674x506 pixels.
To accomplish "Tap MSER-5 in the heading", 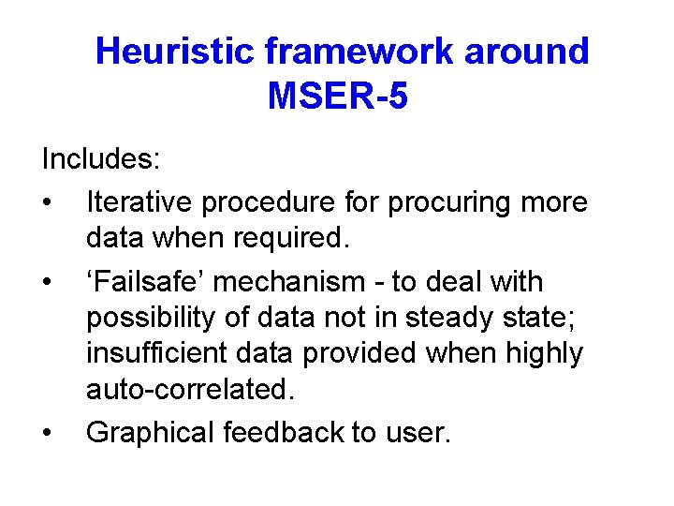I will tap(337, 96).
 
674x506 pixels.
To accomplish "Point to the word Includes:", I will tap(101, 158).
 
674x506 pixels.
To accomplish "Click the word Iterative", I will tap(138, 201).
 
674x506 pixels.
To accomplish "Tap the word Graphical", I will tap(151, 433).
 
